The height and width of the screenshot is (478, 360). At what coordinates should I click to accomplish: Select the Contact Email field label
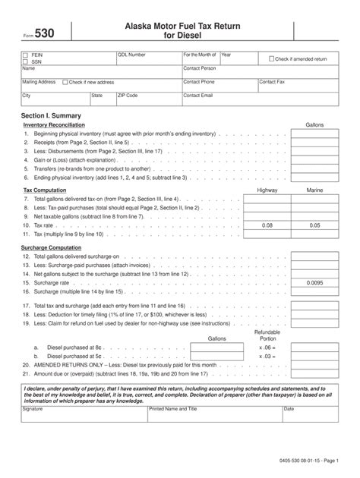pyautogui.click(x=198, y=96)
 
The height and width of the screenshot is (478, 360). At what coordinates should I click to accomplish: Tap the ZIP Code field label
pyautogui.click(x=128, y=96)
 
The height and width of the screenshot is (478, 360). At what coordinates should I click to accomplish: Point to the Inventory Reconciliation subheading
pyautogui.click(x=54, y=124)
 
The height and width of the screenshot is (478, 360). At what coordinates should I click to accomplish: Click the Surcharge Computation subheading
pyautogui.click(x=53, y=247)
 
